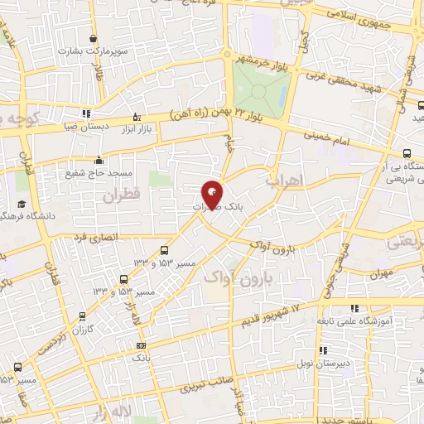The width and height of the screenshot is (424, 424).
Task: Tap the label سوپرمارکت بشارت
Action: (91, 51)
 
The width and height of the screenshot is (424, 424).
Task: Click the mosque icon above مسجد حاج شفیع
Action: (99, 161)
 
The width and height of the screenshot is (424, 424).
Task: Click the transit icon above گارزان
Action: (82, 316)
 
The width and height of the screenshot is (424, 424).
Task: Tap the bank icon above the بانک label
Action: (142, 345)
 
